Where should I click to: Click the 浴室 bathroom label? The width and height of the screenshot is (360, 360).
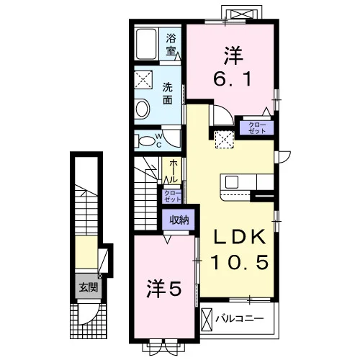(171, 45)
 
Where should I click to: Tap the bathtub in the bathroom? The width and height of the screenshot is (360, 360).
(146, 44)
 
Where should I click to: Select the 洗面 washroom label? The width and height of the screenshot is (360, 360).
(167, 94)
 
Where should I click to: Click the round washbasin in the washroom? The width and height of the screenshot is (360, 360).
(142, 109)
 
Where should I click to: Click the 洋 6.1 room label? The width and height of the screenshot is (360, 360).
(233, 66)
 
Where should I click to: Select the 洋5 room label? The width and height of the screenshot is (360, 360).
(163, 288)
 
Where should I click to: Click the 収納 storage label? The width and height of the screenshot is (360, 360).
(179, 220)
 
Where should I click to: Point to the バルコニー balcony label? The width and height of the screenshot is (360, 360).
(240, 318)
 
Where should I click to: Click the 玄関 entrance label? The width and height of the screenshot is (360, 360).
(89, 287)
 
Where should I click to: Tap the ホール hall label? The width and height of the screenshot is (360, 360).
(174, 171)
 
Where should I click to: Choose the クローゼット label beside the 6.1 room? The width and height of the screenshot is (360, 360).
(257, 128)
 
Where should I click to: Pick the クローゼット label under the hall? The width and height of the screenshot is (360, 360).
(172, 196)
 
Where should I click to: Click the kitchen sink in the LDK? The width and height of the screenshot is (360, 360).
(232, 182)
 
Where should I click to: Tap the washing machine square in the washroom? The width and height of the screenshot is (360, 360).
(143, 79)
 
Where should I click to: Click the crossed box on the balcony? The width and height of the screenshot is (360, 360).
(207, 320)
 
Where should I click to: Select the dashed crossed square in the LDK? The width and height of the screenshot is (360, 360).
(224, 140)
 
